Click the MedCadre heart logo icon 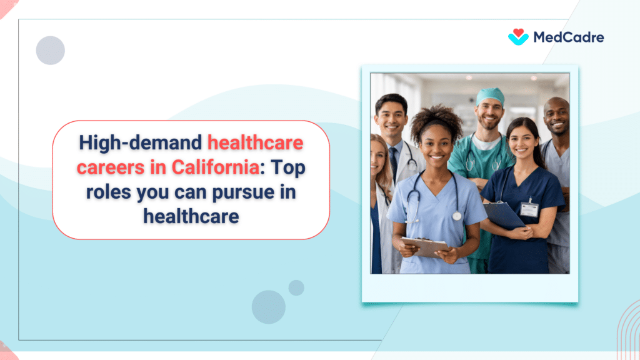pyautogui.click(x=519, y=37)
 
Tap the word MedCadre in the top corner pyautogui.click(x=568, y=37)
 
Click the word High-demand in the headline pyautogui.click(x=141, y=144)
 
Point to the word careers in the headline pyautogui.click(x=105, y=168)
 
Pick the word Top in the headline pyautogui.click(x=289, y=168)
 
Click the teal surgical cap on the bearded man pyautogui.click(x=491, y=96)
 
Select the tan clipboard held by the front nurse pyautogui.click(x=425, y=246)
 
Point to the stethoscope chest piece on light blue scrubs pyautogui.click(x=457, y=216)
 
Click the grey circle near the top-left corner pyautogui.click(x=51, y=51)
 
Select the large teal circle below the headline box pyautogui.click(x=269, y=307)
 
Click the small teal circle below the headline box pyautogui.click(x=296, y=287)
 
